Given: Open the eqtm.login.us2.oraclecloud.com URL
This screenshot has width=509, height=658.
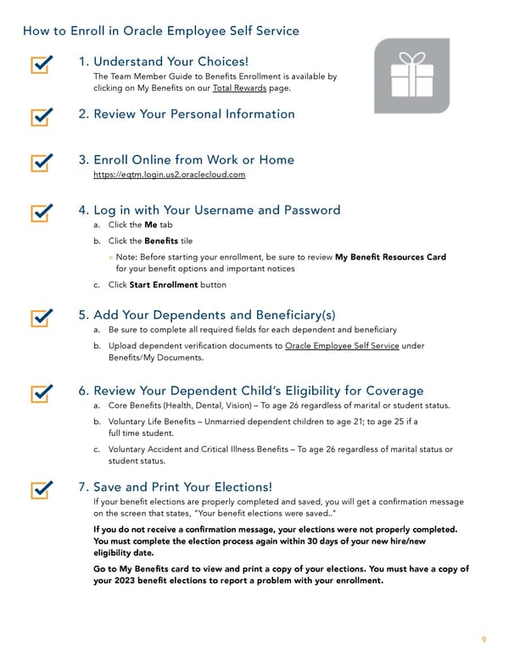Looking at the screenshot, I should click(169, 175).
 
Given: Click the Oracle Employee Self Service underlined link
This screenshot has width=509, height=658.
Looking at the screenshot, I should click(342, 346).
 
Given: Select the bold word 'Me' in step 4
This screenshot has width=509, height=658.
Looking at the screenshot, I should click(151, 226).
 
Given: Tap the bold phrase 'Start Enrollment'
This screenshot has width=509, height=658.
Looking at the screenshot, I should click(164, 285).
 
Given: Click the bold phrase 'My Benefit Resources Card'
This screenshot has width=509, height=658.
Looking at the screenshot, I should click(390, 257).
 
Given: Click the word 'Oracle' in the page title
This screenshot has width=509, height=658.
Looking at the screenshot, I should click(146, 31).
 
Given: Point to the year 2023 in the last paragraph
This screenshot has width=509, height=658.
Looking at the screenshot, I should click(126, 581).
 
